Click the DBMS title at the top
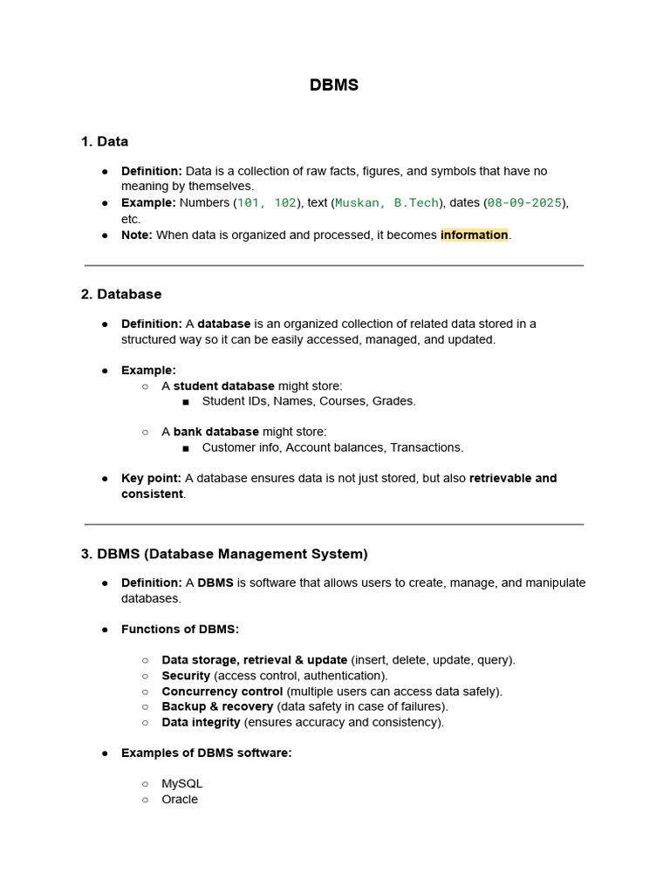(x=334, y=85)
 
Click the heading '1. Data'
(x=104, y=141)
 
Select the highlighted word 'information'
(x=474, y=235)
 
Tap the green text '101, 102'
(x=267, y=203)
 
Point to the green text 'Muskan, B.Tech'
(x=387, y=203)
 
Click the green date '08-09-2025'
(x=523, y=203)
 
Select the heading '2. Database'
(x=120, y=294)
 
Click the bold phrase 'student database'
(x=223, y=385)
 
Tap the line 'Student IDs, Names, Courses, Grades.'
(x=309, y=401)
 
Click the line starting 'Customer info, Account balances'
(x=332, y=447)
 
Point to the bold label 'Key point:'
(x=151, y=478)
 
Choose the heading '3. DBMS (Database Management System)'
(x=224, y=554)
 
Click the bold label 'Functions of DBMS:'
(x=180, y=629)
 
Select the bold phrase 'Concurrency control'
(x=222, y=692)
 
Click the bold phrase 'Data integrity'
(x=201, y=722)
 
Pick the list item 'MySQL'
(x=181, y=784)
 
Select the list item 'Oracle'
(x=180, y=800)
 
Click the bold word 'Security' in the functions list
(x=186, y=676)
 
